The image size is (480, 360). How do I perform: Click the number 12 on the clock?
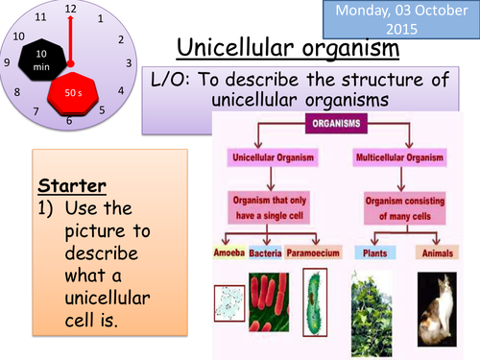point(69,9)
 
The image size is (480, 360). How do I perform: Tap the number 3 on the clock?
point(129,62)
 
